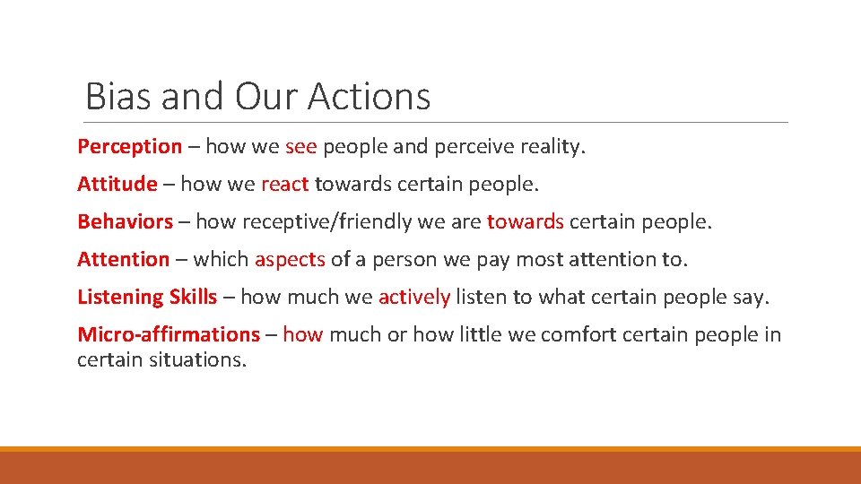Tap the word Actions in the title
pos(370,96)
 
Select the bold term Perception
pos(130,146)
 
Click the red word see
pos(300,146)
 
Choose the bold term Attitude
pos(117,184)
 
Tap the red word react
pos(284,184)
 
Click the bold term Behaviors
pos(126,221)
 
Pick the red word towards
pos(525,221)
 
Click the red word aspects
pos(290,259)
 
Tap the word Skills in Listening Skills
pos(194,297)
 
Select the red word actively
pos(413,297)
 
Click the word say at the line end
pos(752,297)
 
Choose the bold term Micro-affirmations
pos(169,334)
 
